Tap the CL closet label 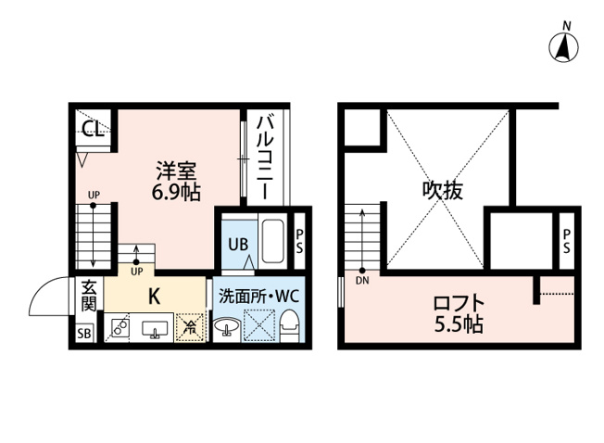click(x=91, y=130)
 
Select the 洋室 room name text click(x=176, y=172)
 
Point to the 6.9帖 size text click(x=176, y=193)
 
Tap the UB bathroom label click(x=236, y=245)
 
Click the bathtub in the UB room click(x=273, y=241)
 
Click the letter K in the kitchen click(x=156, y=297)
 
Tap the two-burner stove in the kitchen click(x=119, y=328)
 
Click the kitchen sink click(x=154, y=328)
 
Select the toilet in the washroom click(x=289, y=325)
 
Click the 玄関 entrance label click(x=88, y=297)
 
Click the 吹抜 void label click(x=443, y=191)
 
